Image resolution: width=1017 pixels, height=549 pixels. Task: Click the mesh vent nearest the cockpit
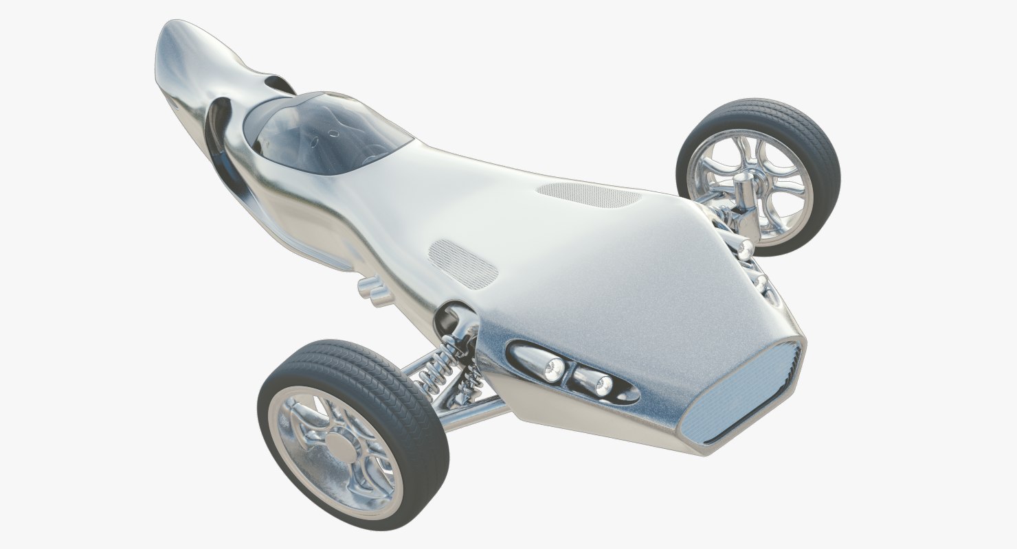462,263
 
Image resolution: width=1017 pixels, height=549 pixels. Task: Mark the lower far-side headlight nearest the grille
761,281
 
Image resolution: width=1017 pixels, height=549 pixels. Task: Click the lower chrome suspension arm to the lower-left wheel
474,414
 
